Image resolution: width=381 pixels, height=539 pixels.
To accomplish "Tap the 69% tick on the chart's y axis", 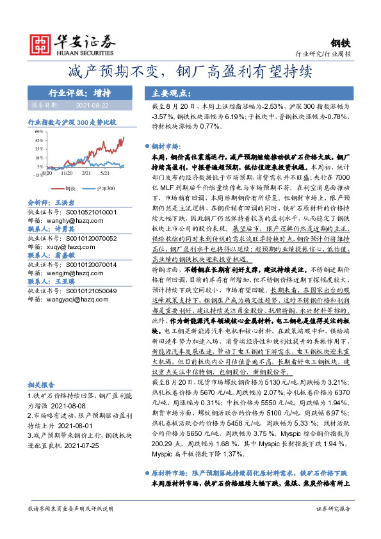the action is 40,131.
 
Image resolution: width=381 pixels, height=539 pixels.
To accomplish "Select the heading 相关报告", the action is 43,385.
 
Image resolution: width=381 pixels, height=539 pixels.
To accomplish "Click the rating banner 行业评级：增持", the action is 83,92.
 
